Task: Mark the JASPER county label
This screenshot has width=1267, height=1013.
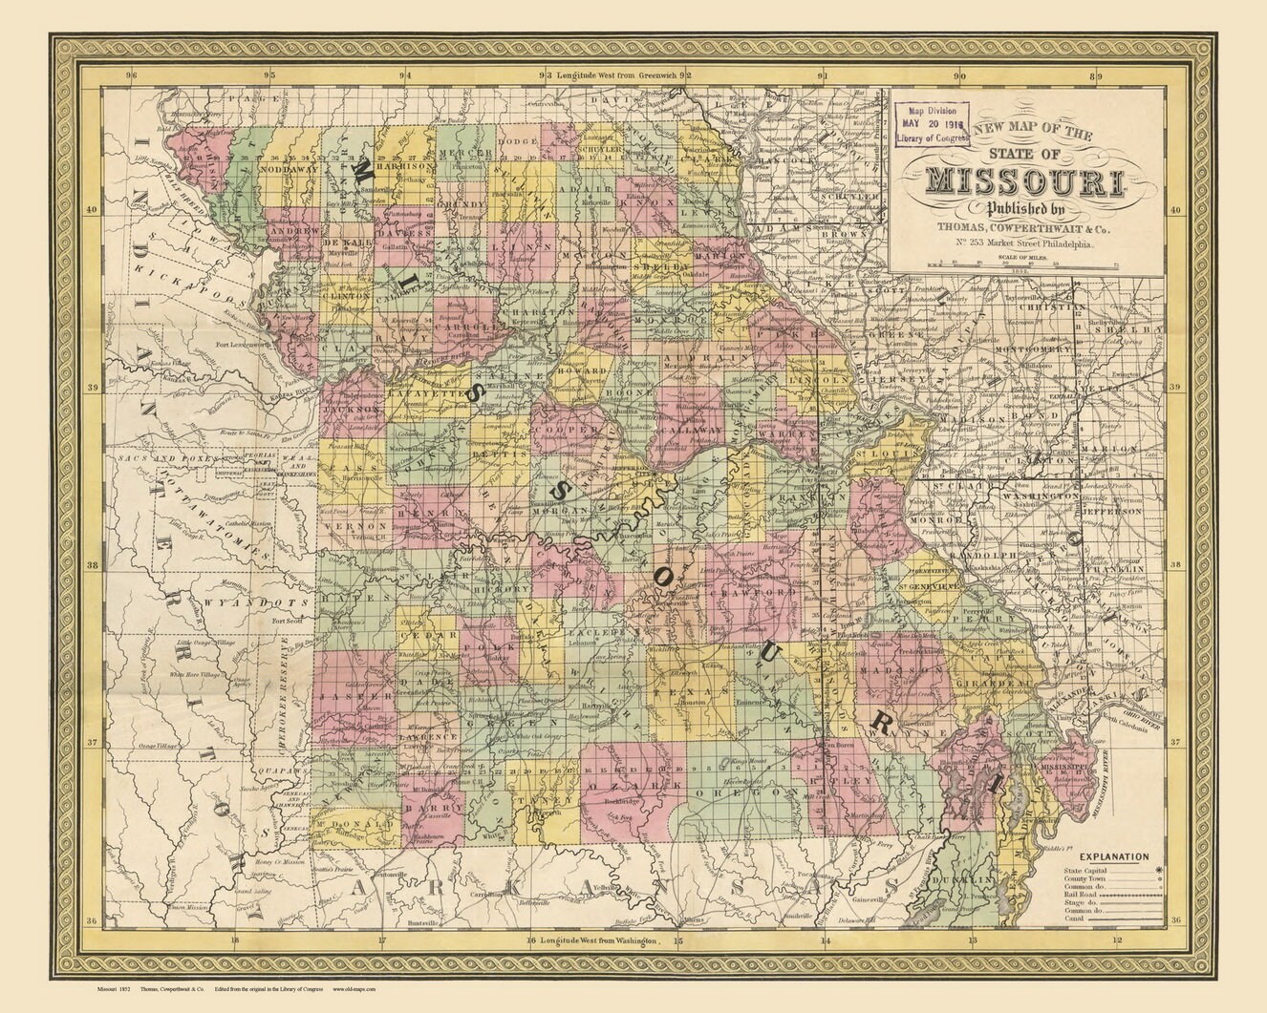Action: (343, 697)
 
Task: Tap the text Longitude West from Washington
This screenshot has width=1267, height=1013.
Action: (602, 940)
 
